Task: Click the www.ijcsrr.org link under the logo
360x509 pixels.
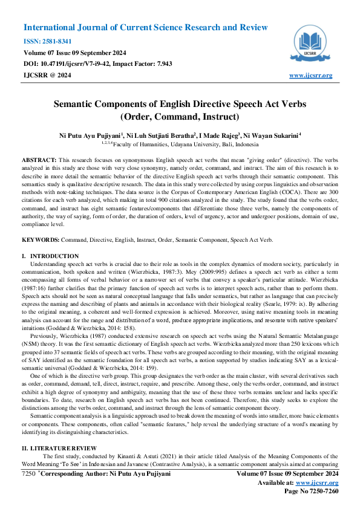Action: (x=311, y=75)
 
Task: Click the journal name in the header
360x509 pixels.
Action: (x=145, y=28)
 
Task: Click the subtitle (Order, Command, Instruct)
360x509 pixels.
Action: (x=180, y=116)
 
